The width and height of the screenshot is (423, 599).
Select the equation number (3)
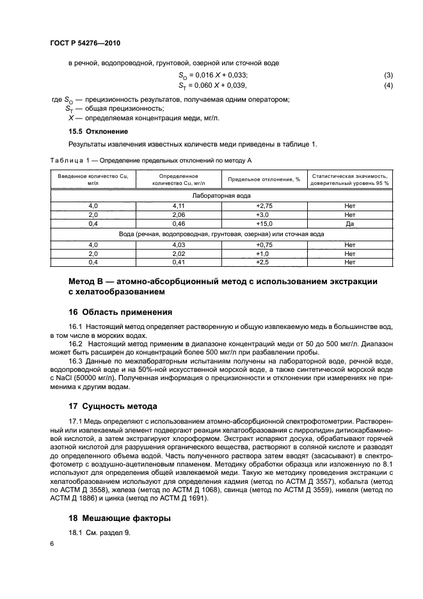[388, 76]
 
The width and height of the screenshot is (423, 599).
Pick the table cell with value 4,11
[178, 205]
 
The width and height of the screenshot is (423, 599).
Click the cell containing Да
[349, 224]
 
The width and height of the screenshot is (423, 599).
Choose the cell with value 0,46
[178, 224]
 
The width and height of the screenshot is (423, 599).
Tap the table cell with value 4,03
[178, 244]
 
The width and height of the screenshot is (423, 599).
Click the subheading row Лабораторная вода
[221, 196]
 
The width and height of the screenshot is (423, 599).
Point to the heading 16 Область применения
[120, 312]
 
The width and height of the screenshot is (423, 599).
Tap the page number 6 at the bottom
[52, 543]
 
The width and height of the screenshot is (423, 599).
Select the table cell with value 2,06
[178, 215]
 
